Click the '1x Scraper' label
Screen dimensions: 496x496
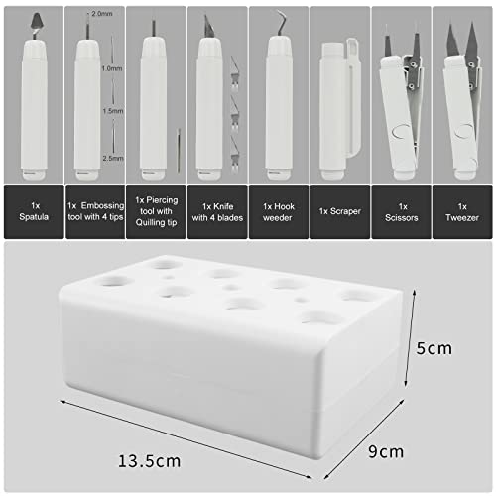(x=337, y=210)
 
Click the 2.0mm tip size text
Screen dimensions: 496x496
(x=101, y=14)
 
